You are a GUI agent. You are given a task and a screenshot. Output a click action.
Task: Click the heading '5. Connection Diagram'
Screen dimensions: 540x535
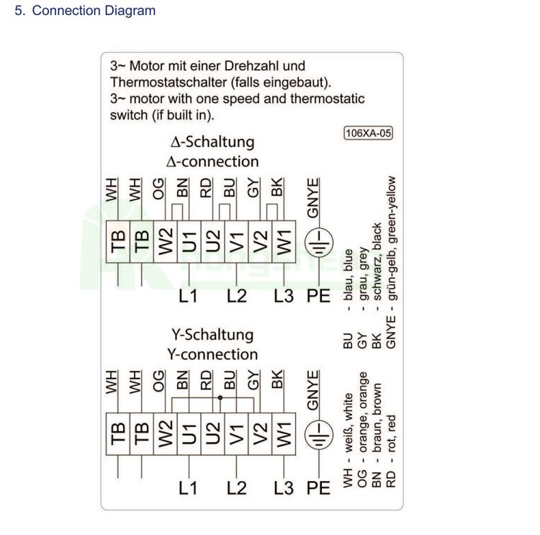point(85,10)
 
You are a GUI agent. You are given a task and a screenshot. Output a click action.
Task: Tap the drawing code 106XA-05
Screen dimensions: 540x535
point(368,133)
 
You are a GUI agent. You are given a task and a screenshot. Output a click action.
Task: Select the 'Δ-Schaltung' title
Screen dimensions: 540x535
point(212,142)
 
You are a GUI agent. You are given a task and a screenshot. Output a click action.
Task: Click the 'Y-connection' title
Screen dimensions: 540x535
point(212,354)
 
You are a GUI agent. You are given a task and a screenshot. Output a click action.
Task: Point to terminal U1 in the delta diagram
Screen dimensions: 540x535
point(189,242)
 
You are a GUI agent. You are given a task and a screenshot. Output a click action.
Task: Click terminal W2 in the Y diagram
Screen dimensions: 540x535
point(166,433)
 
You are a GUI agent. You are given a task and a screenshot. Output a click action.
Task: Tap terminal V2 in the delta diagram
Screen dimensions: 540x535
point(260,242)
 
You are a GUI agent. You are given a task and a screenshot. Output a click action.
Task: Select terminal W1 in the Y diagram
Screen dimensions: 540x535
point(284,433)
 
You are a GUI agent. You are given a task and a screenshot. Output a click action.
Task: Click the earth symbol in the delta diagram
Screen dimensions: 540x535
point(319,242)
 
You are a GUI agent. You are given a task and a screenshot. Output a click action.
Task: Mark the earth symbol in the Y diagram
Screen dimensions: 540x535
point(319,433)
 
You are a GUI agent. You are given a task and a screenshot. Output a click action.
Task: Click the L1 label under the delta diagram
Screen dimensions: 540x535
point(189,296)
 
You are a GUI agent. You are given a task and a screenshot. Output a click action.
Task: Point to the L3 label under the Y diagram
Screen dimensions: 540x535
point(284,487)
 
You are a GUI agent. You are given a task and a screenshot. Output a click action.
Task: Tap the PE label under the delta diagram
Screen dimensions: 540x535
point(318,296)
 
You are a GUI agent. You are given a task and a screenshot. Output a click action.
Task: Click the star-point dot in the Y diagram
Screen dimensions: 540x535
point(220,397)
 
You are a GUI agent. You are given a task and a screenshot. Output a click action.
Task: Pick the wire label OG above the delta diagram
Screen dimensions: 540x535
point(158,189)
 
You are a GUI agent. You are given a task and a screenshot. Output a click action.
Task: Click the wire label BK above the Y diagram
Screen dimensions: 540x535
point(277,379)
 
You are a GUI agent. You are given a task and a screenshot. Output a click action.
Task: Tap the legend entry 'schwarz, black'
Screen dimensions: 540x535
point(377,261)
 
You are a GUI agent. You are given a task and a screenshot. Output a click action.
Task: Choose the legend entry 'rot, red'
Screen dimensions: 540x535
point(391,433)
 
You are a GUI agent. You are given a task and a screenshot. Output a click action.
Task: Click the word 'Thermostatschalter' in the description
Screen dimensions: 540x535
point(168,82)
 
